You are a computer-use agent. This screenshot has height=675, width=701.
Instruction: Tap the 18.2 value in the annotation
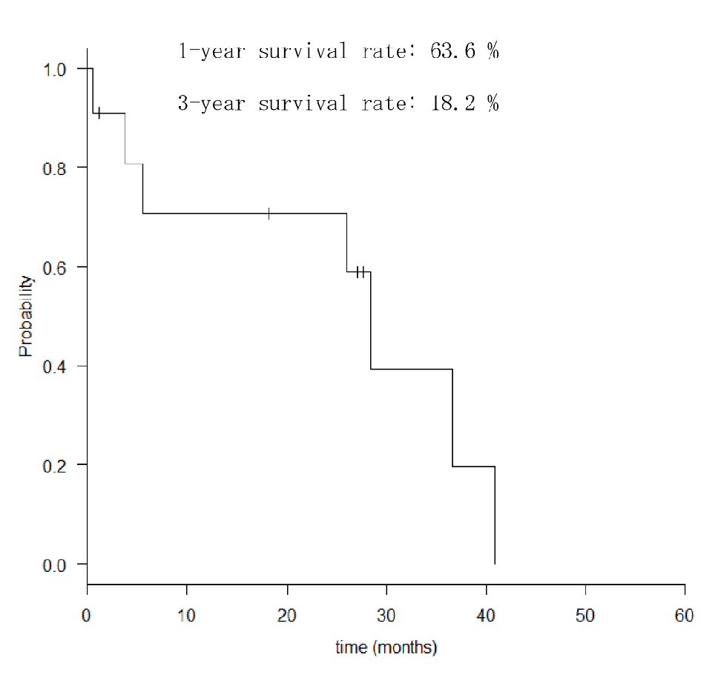[x=455, y=103]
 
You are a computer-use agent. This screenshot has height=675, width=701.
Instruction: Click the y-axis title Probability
[x=26, y=316]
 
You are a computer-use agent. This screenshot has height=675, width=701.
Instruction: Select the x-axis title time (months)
[x=386, y=648]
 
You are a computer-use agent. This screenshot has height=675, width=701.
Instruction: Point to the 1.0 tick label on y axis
[x=56, y=69]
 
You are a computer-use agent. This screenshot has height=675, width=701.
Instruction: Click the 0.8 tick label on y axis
[x=56, y=168]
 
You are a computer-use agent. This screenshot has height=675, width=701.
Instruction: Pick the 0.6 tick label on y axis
[x=56, y=267]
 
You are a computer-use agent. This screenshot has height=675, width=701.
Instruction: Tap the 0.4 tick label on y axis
[x=56, y=366]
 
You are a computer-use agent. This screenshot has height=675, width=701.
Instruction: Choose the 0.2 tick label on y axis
[x=56, y=465]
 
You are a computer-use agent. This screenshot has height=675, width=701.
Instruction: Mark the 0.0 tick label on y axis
[x=56, y=564]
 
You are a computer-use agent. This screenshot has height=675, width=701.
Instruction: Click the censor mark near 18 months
[x=269, y=214]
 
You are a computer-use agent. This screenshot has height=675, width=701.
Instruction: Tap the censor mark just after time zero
[x=99, y=113]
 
